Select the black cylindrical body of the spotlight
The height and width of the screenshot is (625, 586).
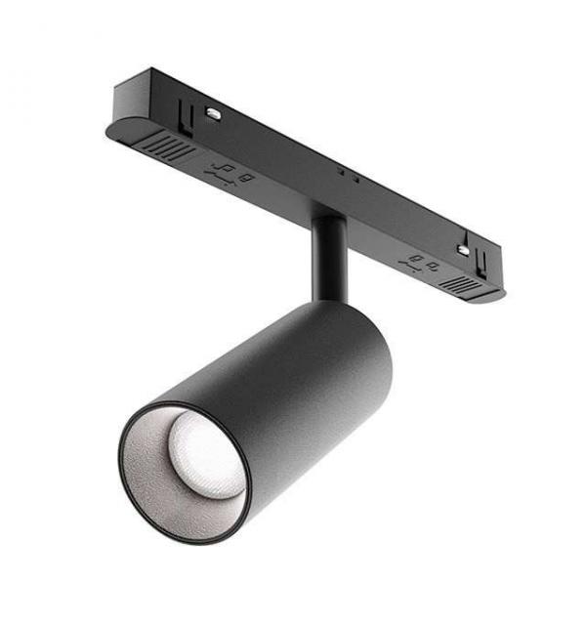[x=293, y=391]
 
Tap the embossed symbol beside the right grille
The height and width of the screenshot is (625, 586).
[x=423, y=262]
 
